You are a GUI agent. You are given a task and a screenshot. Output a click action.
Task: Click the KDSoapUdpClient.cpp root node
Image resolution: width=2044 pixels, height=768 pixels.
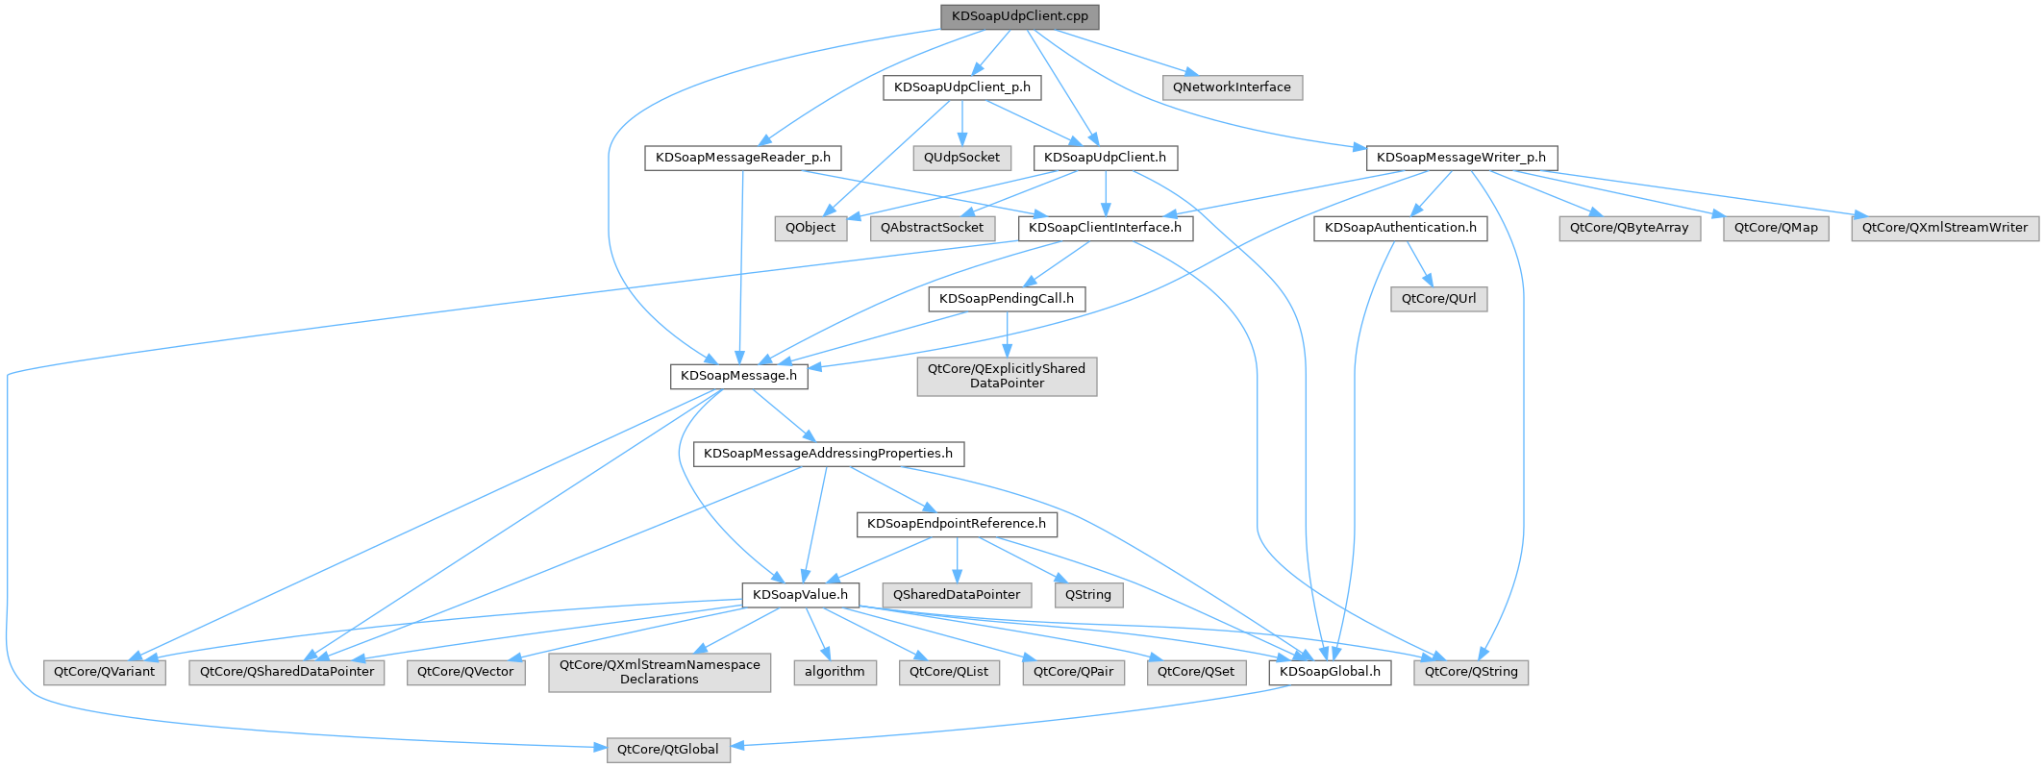point(1020,17)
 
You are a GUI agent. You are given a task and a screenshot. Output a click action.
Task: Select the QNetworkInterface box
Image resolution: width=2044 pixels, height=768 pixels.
point(1232,87)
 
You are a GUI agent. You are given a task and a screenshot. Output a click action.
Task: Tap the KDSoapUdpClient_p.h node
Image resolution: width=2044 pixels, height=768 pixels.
point(961,87)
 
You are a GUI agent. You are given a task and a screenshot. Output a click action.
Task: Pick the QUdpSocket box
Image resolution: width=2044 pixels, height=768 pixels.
point(961,158)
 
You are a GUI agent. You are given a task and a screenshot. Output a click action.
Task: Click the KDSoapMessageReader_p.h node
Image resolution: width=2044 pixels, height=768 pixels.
point(742,158)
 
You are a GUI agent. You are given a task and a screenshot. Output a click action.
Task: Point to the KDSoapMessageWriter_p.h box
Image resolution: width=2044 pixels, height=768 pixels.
point(1460,158)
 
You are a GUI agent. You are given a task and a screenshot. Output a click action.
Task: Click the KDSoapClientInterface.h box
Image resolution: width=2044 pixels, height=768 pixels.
point(1105,228)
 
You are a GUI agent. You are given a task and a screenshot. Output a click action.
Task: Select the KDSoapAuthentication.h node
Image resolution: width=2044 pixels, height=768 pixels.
point(1400,228)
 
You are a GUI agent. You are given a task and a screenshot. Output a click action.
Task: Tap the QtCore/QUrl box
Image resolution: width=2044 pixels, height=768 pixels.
point(1438,299)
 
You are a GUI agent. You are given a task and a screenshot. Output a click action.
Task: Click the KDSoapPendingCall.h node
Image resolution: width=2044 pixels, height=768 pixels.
point(1006,299)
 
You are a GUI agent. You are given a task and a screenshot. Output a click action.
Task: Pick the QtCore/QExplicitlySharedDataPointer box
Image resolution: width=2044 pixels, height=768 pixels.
point(1006,376)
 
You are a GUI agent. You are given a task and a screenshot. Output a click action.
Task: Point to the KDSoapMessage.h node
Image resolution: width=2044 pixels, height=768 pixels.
point(738,376)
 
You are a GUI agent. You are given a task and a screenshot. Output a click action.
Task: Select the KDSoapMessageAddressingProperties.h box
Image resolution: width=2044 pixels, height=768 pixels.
point(828,454)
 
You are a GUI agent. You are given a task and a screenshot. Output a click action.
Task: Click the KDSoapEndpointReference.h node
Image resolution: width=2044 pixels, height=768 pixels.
point(957,524)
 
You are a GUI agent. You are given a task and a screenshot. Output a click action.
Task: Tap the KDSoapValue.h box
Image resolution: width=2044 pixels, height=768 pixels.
point(800,595)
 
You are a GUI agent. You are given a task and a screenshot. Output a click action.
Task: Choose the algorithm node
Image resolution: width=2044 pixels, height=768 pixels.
point(835,672)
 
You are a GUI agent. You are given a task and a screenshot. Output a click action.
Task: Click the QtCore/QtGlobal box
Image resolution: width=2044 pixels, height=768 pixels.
point(667,750)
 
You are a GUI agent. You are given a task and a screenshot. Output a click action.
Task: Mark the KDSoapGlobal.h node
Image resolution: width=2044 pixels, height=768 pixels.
point(1330,672)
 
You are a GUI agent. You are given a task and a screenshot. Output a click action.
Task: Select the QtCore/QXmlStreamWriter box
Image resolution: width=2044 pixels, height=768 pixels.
point(1944,228)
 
